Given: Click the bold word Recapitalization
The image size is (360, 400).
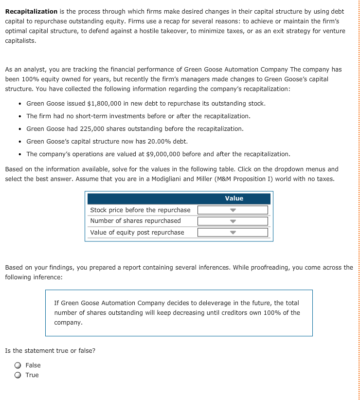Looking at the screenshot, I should [x=31, y=11].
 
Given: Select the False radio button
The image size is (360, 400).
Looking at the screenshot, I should [x=18, y=365].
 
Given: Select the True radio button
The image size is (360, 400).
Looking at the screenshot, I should [x=18, y=375].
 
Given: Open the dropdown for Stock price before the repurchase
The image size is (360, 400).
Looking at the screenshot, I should [x=233, y=210].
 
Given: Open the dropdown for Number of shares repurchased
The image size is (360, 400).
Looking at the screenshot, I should [x=233, y=221].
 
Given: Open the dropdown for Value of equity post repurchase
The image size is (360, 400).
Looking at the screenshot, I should [x=233, y=233].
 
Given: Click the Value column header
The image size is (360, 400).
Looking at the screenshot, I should [x=234, y=199].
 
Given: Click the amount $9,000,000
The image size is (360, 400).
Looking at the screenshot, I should [x=163, y=154].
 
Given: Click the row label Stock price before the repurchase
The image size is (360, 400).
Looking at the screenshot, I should [x=140, y=210].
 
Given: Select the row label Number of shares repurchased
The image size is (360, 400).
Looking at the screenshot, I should [x=135, y=221].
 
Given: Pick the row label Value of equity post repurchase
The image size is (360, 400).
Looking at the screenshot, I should [x=137, y=233].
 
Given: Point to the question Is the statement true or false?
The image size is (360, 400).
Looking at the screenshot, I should [x=50, y=351].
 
